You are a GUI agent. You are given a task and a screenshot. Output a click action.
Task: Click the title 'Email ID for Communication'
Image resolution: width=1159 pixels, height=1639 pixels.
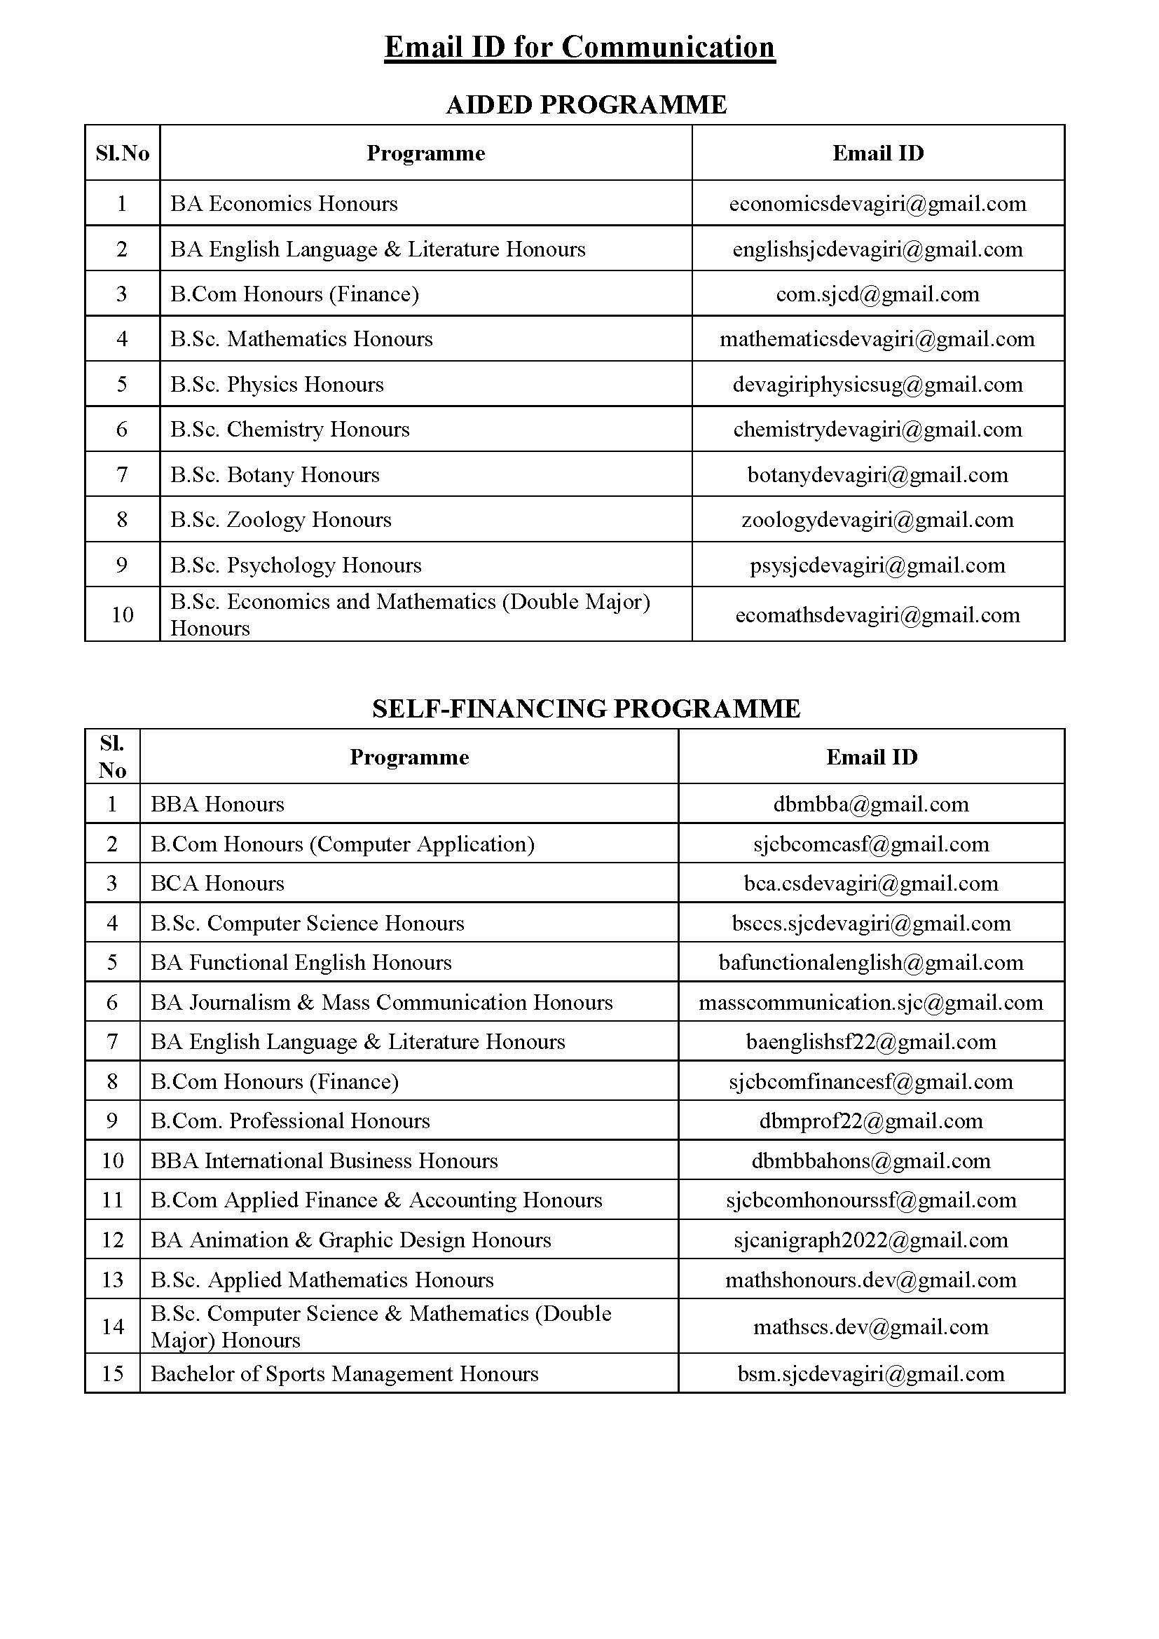[x=579, y=47]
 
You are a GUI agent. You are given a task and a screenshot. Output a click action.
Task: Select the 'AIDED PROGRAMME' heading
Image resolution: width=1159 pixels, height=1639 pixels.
[x=586, y=105]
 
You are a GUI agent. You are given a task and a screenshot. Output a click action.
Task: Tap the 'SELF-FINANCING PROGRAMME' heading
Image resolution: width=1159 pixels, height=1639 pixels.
[x=586, y=708]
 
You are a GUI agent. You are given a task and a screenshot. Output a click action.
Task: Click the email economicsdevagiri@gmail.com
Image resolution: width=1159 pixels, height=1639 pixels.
[x=877, y=204]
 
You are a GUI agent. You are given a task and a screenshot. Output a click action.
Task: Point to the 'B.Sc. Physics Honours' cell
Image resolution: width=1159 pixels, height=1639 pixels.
[x=277, y=385]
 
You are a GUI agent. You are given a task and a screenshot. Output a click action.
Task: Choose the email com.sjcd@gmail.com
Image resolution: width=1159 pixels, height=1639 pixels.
[x=877, y=294]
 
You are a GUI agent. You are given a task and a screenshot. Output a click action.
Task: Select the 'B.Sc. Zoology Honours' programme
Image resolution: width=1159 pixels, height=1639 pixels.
[x=280, y=520]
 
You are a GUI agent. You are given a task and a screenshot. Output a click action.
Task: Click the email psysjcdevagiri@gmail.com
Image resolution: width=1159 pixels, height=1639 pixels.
[x=877, y=565]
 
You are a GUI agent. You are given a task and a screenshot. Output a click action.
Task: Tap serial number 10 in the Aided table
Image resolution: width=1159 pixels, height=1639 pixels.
[x=122, y=615]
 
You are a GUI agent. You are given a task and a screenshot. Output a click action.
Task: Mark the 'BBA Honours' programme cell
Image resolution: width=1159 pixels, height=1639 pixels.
[x=218, y=804]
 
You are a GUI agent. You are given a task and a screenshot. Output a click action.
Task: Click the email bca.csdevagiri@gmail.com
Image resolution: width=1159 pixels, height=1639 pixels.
[x=871, y=884]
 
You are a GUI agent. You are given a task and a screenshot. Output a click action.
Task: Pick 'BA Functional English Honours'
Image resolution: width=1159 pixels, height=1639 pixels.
[x=301, y=963]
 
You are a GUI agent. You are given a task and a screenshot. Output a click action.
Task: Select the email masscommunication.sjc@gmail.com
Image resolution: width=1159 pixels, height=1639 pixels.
[x=871, y=1003]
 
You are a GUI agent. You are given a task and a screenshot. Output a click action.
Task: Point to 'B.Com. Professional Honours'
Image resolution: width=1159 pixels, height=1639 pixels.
[x=291, y=1121]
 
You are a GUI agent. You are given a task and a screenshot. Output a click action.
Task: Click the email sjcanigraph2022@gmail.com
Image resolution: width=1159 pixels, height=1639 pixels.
[x=871, y=1240]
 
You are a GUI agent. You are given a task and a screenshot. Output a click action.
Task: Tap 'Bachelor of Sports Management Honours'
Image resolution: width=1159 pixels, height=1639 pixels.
[x=345, y=1374]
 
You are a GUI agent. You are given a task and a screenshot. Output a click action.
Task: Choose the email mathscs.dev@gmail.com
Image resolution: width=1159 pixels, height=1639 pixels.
[x=871, y=1327]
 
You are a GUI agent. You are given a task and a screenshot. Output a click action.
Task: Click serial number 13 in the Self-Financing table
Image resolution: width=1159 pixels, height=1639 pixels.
[x=113, y=1280]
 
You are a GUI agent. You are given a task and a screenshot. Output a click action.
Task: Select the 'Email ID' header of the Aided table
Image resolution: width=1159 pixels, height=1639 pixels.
[x=878, y=153]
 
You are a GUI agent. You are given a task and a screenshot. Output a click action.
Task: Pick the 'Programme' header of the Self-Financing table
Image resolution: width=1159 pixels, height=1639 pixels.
[x=409, y=757]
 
